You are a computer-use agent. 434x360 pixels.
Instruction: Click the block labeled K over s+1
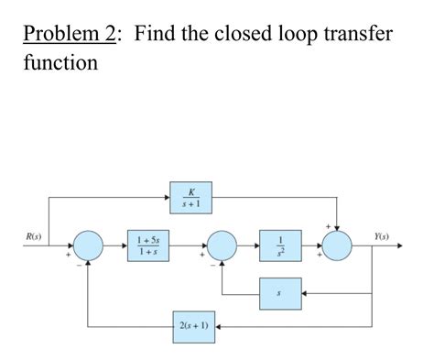[x=190, y=196]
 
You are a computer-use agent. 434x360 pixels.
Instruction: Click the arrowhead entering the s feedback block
[x=303, y=294]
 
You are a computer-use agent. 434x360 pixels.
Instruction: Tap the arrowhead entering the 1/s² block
[x=255, y=246]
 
